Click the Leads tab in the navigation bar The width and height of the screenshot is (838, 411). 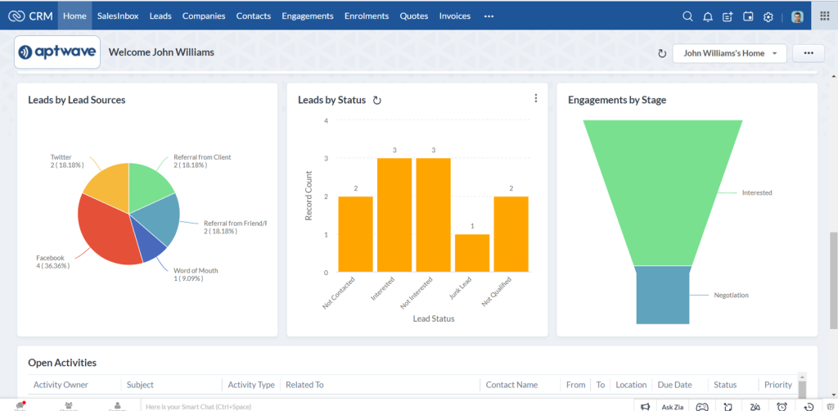pyautogui.click(x=160, y=16)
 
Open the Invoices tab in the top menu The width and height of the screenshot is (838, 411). pyautogui.click(x=454, y=16)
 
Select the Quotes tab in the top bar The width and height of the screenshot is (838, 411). pyautogui.click(x=413, y=16)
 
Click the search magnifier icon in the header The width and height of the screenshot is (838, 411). pyautogui.click(x=687, y=16)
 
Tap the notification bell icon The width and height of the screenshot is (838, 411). pyautogui.click(x=708, y=16)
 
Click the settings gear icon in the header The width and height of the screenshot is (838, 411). pyautogui.click(x=768, y=16)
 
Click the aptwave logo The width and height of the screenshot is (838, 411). pyautogui.click(x=57, y=52)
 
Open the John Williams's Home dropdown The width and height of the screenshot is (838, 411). pyautogui.click(x=729, y=53)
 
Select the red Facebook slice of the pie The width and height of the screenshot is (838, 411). pyautogui.click(x=110, y=229)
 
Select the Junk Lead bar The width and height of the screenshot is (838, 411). pyautogui.click(x=472, y=253)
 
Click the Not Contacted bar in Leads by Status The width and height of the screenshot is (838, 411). pyautogui.click(x=355, y=234)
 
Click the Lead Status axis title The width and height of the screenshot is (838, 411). pyautogui.click(x=433, y=318)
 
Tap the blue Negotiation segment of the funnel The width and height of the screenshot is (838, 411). pyautogui.click(x=663, y=295)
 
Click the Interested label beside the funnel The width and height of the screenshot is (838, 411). pyautogui.click(x=756, y=193)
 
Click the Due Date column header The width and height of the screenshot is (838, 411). pyautogui.click(x=674, y=385)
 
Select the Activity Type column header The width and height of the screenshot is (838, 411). pyautogui.click(x=250, y=385)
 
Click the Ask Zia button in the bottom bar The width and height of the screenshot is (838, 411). pyautogui.click(x=672, y=406)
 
